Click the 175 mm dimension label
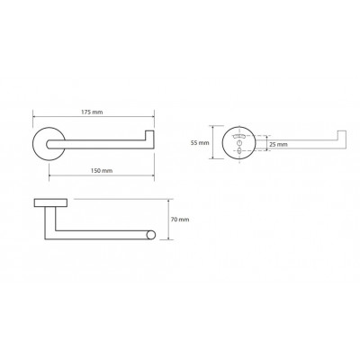pyautogui.click(x=92, y=112)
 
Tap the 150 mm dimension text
pyautogui.click(x=102, y=171)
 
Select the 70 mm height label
pyautogui.click(x=180, y=220)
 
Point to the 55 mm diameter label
pyautogui.click(x=200, y=143)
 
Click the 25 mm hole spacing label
pyautogui.click(x=278, y=145)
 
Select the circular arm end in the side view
pyautogui.click(x=151, y=235)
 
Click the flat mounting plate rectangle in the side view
pyautogui.click(x=50, y=202)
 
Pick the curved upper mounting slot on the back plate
pyautogui.click(x=239, y=137)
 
